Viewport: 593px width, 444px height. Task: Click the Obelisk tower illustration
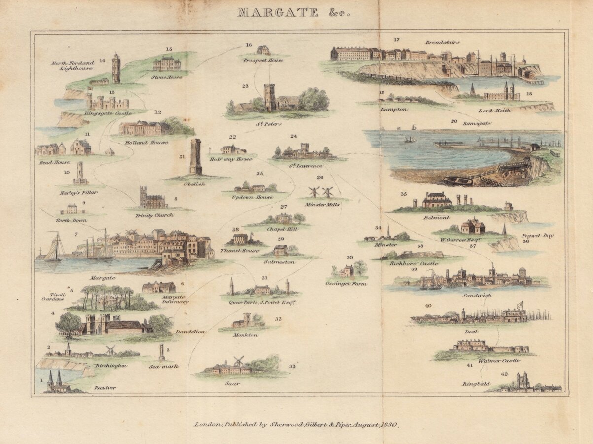pyautogui.click(x=196, y=156)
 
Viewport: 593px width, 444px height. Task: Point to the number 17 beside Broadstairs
pyautogui.click(x=397, y=40)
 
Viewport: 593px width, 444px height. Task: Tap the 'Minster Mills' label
pyautogui.click(x=322, y=204)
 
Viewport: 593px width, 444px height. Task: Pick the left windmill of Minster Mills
pyautogui.click(x=313, y=192)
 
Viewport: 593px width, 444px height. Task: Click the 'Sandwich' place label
pyautogui.click(x=477, y=295)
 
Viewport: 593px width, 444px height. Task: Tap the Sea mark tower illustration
pyautogui.click(x=161, y=352)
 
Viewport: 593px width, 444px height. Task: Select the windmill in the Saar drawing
pyautogui.click(x=238, y=361)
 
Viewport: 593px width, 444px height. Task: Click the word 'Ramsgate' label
pyautogui.click(x=476, y=123)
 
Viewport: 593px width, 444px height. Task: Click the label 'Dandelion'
pyautogui.click(x=190, y=332)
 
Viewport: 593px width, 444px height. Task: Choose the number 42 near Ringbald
pyautogui.click(x=503, y=374)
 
